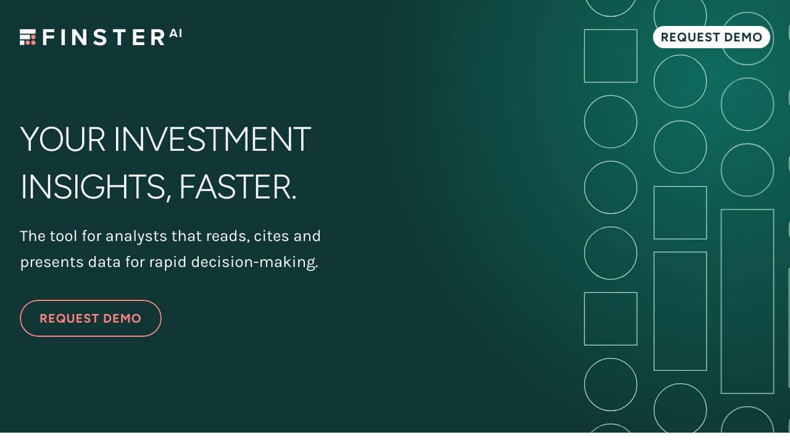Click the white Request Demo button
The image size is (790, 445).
point(711,37)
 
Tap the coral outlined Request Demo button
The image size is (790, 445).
point(91,318)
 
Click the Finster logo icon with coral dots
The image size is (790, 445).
point(28,37)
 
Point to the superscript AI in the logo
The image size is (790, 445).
point(175,33)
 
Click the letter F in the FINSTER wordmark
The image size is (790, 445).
point(48,38)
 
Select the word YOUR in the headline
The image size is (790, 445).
point(63,139)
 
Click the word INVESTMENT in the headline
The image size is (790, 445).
point(212,139)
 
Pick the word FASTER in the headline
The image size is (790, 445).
point(238,187)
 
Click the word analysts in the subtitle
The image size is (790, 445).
point(136,236)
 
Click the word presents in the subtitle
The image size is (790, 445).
point(52,263)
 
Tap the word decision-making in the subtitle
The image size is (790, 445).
point(255,263)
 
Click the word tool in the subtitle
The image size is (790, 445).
point(63,236)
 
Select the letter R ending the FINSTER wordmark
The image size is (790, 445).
point(157,38)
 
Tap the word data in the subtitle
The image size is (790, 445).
point(104,263)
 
